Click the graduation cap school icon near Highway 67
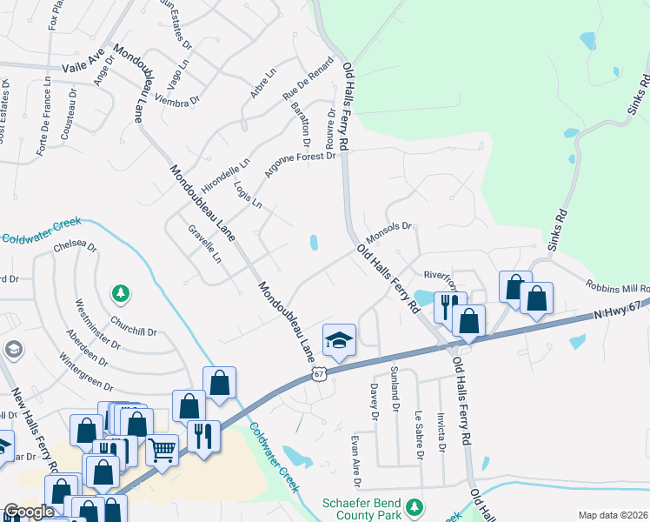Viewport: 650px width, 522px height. [340, 340]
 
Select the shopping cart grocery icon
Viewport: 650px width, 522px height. [162, 450]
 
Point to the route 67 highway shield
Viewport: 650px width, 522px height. [319, 374]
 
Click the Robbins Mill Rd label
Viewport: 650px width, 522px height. [617, 284]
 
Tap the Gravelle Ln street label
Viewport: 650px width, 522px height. [206, 244]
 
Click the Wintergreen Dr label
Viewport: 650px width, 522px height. [86, 371]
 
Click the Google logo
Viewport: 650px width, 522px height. [29, 512]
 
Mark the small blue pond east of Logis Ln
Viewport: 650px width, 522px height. [313, 243]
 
